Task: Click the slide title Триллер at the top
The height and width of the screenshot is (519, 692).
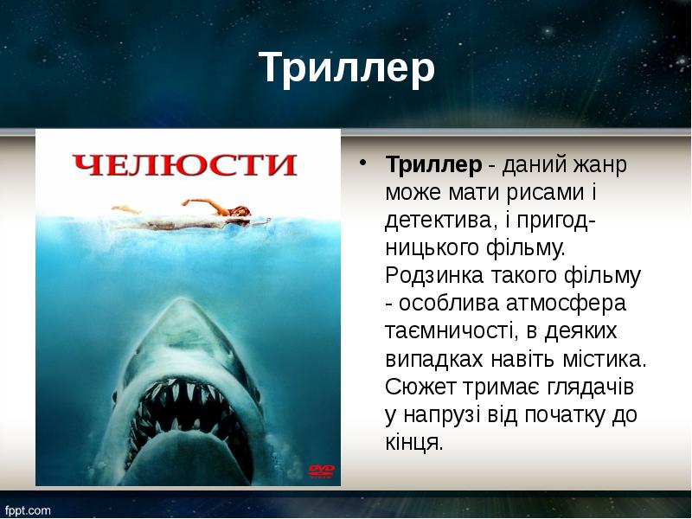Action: coord(346,68)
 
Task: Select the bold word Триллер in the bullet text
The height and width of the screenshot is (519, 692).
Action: coord(432,164)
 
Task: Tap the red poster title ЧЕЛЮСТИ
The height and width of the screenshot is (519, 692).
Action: coord(184,164)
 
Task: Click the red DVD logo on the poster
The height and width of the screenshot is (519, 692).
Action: coord(321,471)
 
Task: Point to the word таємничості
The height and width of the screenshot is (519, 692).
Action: coord(450,332)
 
